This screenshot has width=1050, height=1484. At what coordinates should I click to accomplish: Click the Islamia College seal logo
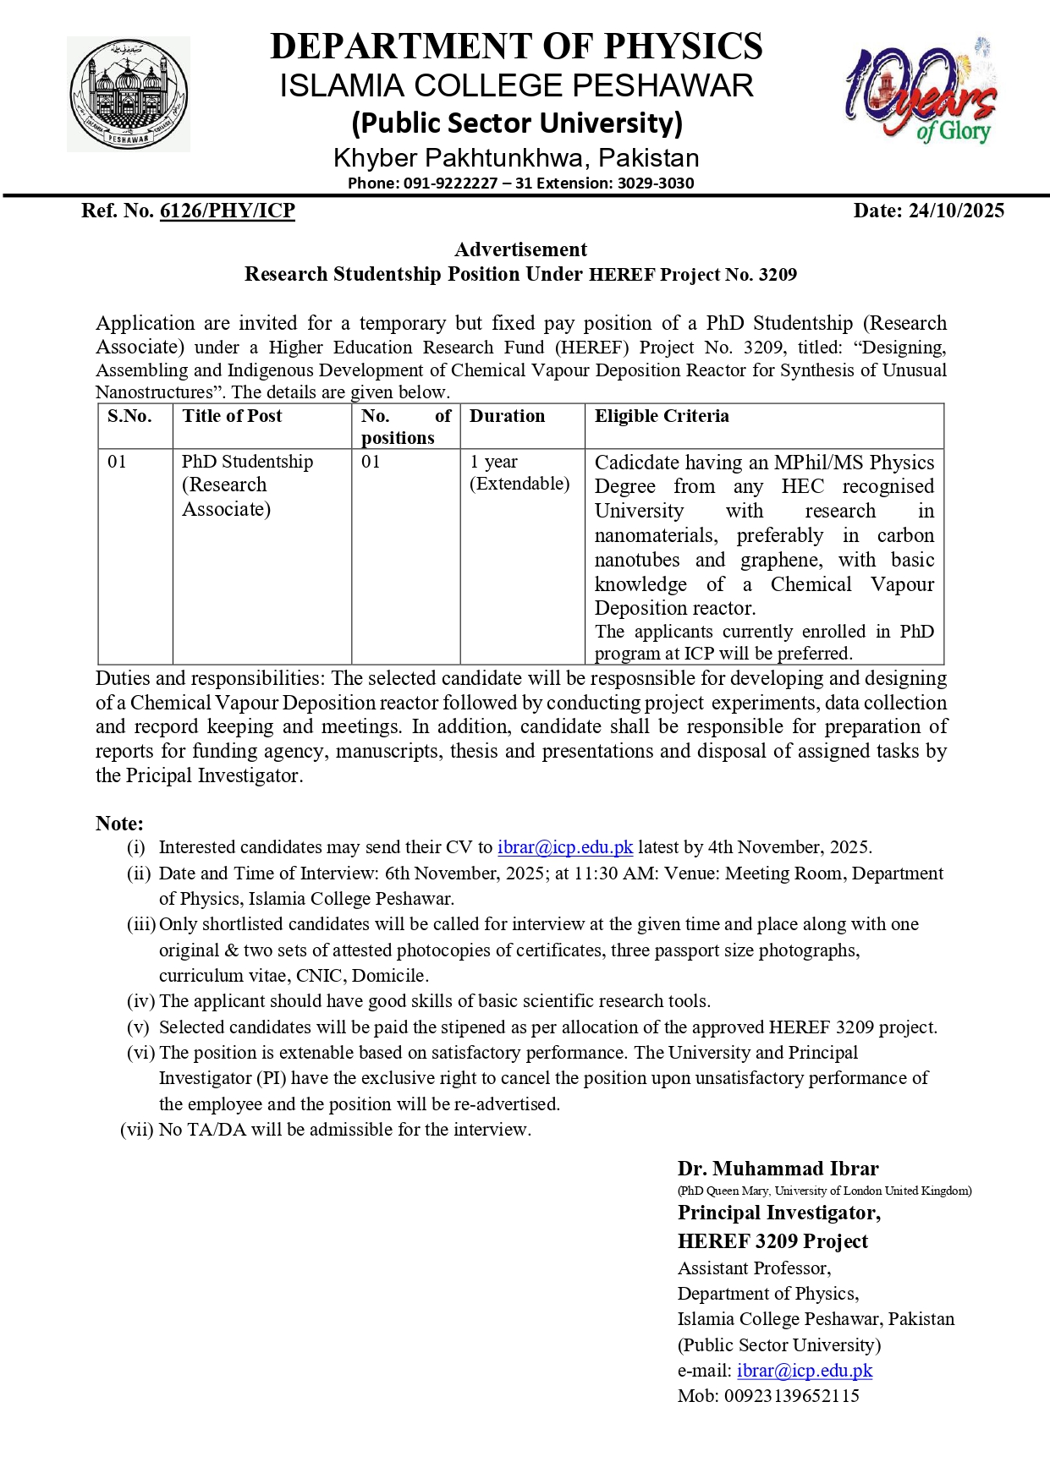[129, 95]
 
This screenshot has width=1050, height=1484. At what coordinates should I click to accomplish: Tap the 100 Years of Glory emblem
[921, 92]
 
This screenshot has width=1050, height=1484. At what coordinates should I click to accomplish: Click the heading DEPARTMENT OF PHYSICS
[516, 47]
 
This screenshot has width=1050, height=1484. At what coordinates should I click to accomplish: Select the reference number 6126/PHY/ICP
[227, 211]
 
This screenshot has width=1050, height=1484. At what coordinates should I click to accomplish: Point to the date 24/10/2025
[956, 211]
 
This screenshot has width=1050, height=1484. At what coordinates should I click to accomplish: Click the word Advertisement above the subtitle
[520, 249]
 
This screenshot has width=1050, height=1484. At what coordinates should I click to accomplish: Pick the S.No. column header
[129, 416]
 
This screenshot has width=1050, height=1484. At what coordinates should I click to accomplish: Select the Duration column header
[507, 416]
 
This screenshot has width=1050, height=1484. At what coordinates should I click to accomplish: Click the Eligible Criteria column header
[662, 416]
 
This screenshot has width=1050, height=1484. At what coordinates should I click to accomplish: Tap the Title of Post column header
[232, 416]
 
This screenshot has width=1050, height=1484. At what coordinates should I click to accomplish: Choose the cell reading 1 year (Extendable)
[520, 473]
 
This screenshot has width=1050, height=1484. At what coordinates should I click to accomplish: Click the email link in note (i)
[565, 847]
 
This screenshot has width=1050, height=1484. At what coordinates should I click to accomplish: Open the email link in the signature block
[804, 1371]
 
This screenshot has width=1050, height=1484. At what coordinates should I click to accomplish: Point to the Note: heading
[119, 824]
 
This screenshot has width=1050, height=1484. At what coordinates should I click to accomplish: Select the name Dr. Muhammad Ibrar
[778, 1169]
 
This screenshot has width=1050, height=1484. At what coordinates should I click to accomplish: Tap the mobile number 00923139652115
[791, 1396]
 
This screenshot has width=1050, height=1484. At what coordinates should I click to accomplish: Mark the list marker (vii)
[136, 1130]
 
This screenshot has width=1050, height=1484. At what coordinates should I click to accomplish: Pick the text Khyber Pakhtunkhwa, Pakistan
[516, 158]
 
